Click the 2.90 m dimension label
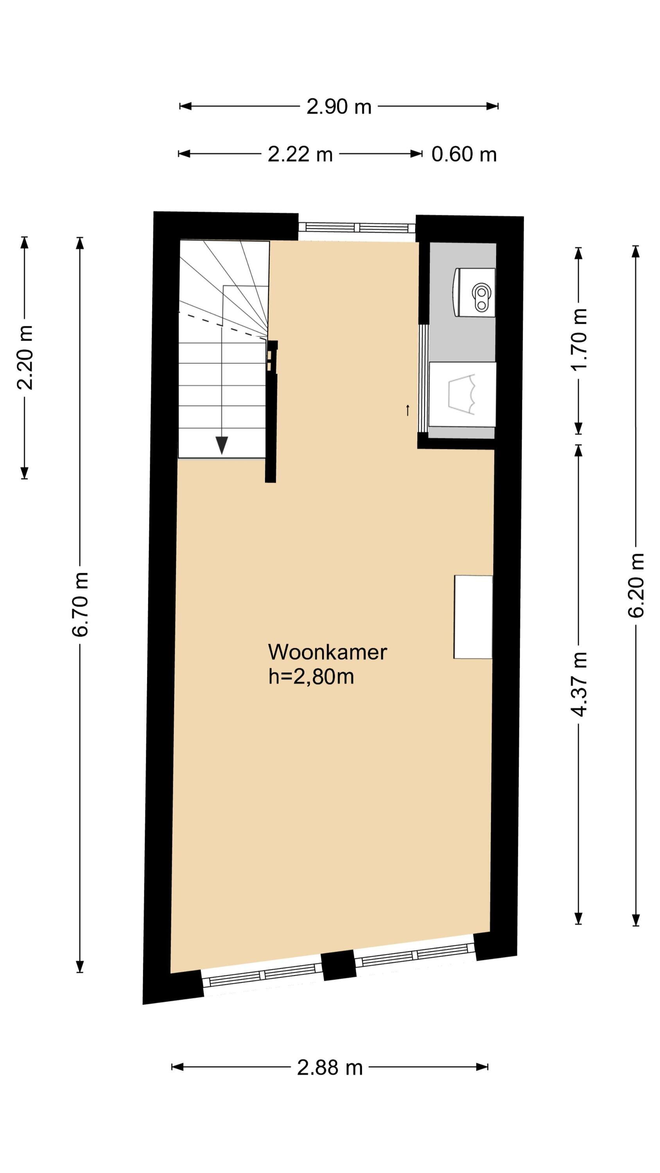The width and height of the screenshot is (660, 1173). click(x=339, y=107)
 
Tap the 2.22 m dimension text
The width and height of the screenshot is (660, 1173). click(x=300, y=154)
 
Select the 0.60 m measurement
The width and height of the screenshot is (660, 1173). click(x=464, y=154)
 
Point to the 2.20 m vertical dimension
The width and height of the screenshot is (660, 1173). click(x=25, y=357)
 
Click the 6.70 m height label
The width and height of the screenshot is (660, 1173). click(x=80, y=604)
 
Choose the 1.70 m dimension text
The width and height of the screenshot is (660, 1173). click(x=579, y=340)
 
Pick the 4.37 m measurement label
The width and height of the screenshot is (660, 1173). click(x=579, y=684)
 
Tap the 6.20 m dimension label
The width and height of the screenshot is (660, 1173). click(x=636, y=586)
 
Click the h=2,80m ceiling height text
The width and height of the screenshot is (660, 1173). click(x=311, y=677)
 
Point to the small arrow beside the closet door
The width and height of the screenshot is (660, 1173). click(x=408, y=410)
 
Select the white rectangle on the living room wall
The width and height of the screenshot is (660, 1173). click(x=473, y=617)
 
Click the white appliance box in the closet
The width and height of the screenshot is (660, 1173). click(x=462, y=395)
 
